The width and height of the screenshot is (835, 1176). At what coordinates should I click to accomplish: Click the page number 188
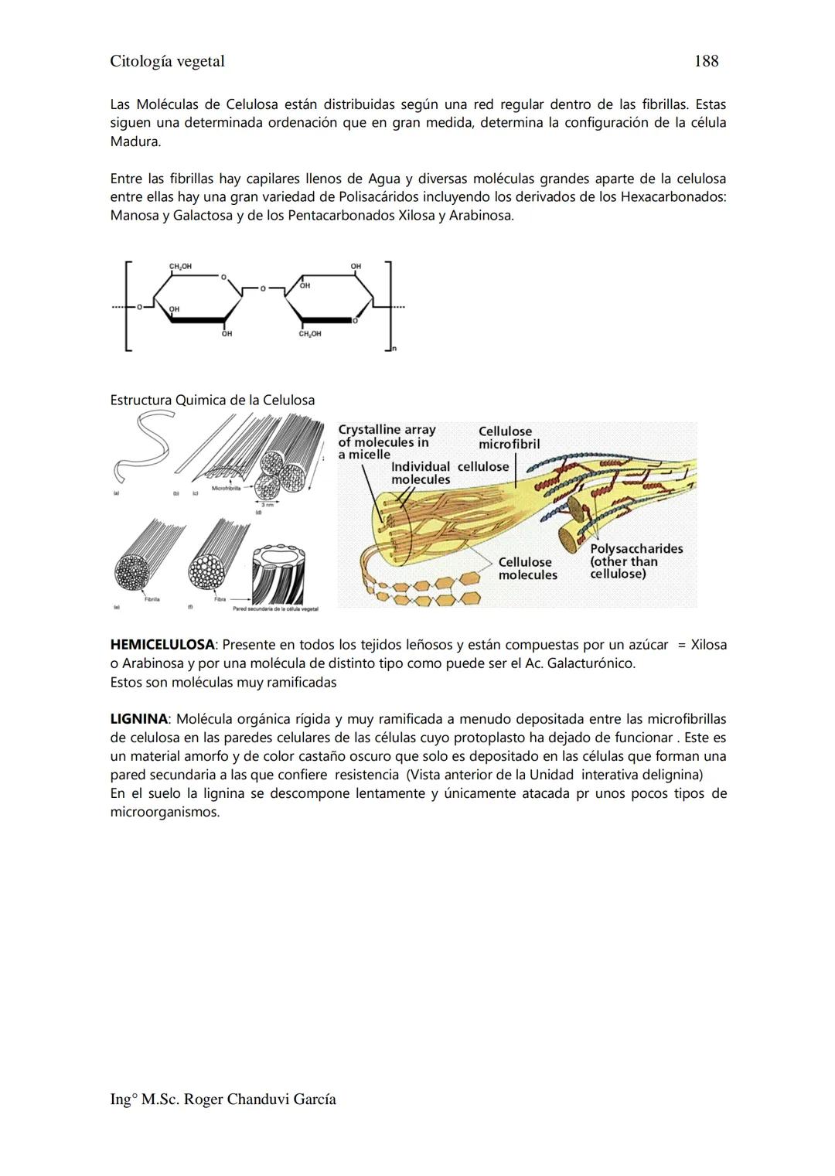click(x=706, y=61)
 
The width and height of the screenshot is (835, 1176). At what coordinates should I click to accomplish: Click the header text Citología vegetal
click(x=167, y=61)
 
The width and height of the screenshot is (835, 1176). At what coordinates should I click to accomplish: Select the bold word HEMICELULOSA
click(x=162, y=645)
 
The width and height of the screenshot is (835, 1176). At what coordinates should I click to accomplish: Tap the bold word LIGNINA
click(x=138, y=719)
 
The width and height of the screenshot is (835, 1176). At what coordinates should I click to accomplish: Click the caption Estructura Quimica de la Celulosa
click(x=213, y=401)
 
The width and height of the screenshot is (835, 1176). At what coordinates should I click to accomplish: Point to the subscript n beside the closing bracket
click(x=394, y=349)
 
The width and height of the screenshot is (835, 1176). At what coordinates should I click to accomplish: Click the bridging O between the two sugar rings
click(x=262, y=288)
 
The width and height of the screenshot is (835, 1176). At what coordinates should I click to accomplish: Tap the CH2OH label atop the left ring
click(x=180, y=267)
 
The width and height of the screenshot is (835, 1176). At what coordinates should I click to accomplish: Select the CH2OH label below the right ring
click(x=310, y=334)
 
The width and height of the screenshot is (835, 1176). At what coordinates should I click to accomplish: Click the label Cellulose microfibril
click(x=509, y=438)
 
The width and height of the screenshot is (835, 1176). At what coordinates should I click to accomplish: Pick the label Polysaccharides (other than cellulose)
click(x=636, y=561)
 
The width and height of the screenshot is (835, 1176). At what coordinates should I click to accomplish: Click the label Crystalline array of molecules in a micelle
click(x=387, y=442)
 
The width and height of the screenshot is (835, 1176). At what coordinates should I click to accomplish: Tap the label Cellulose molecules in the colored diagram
click(x=527, y=568)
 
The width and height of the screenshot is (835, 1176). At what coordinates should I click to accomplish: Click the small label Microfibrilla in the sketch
click(x=226, y=489)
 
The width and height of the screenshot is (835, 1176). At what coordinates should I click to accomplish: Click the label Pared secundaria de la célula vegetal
click(x=275, y=609)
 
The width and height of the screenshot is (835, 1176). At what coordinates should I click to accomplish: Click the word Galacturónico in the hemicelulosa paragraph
click(x=591, y=663)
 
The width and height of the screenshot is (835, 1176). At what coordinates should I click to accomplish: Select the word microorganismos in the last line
click(x=165, y=812)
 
